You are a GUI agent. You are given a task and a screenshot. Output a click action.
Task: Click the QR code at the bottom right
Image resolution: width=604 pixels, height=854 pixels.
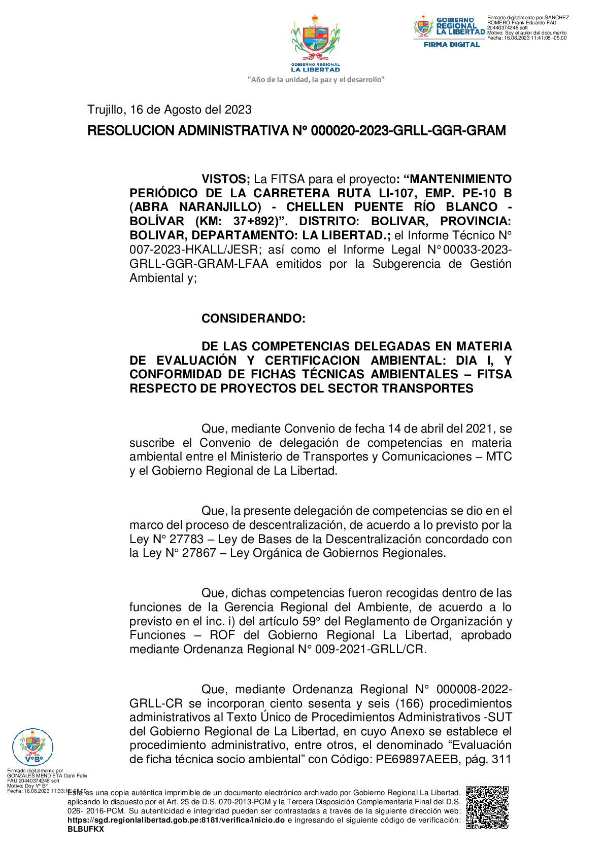click(487, 807)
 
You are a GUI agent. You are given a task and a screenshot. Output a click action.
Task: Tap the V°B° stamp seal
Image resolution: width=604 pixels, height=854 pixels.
click(32, 746)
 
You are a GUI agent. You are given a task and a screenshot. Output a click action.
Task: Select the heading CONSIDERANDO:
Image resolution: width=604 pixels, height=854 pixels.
click(253, 318)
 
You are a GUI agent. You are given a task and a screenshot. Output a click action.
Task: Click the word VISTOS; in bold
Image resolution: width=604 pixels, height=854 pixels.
click(225, 179)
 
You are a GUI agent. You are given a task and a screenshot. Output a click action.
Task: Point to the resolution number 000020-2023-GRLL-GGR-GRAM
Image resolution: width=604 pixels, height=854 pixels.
click(408, 131)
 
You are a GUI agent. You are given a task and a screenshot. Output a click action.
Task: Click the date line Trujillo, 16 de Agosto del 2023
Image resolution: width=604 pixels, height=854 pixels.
click(169, 110)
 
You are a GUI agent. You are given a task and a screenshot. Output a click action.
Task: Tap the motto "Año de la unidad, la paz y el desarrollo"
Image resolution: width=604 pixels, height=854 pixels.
click(315, 80)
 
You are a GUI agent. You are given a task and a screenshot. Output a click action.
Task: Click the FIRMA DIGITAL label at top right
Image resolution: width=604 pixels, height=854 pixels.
click(451, 45)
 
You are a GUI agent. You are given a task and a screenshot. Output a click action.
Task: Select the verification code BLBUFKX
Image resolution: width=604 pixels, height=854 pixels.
click(85, 829)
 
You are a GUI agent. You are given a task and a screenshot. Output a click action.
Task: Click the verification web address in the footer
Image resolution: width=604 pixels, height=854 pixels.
click(176, 820)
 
